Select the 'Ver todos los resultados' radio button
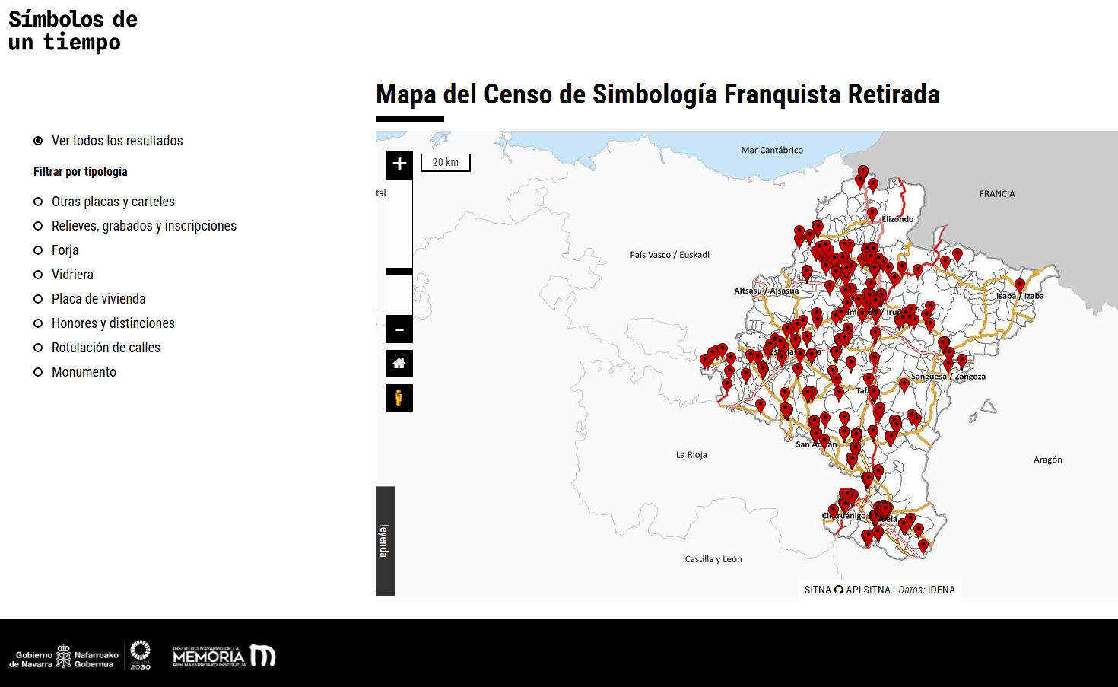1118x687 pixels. point(38,141)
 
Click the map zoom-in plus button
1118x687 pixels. point(399,164)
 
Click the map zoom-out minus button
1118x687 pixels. point(399,330)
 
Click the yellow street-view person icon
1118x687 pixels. point(399,398)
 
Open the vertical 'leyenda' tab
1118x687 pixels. point(385,541)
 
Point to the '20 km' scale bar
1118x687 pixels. point(446,163)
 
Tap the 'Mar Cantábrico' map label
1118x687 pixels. point(772,151)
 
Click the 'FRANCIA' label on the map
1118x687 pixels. point(997,194)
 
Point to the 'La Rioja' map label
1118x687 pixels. point(691,455)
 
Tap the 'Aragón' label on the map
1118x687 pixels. point(1047,460)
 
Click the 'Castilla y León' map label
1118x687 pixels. point(713,559)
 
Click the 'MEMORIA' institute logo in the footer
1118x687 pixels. point(224,656)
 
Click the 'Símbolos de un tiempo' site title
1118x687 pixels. point(73,30)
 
